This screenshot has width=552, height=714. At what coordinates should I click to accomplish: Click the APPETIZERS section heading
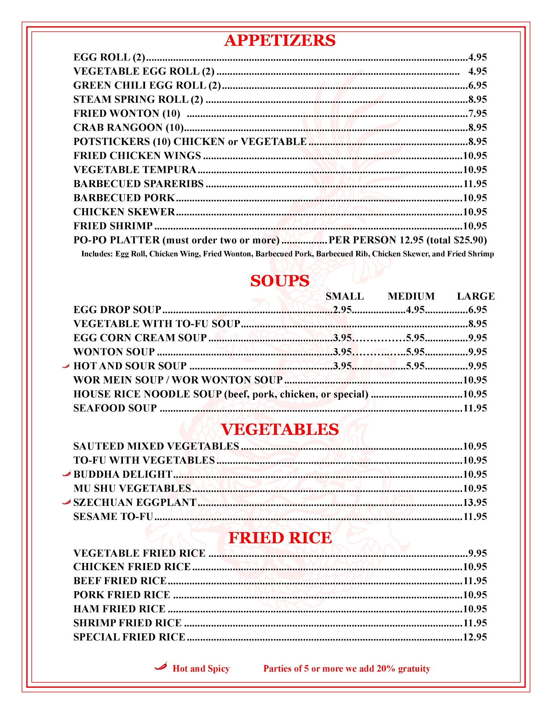[280, 40]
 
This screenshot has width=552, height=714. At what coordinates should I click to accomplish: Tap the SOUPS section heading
[280, 281]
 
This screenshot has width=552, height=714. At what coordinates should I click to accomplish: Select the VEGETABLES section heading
[280, 429]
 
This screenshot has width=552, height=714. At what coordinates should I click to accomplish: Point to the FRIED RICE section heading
[280, 538]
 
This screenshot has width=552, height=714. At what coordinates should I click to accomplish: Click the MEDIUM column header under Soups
[411, 296]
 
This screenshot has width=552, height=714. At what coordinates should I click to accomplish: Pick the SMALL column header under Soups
[344, 296]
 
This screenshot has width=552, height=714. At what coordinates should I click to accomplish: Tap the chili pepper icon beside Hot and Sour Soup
[66, 366]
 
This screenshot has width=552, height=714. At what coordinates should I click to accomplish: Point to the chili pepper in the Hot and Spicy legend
[161, 666]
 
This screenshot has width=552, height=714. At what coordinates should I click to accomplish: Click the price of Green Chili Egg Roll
[478, 85]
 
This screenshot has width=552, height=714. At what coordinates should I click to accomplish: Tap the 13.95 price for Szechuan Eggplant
[475, 502]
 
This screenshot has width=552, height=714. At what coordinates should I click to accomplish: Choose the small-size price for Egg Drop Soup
[343, 310]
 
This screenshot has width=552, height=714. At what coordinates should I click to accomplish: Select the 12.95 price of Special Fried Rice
[475, 637]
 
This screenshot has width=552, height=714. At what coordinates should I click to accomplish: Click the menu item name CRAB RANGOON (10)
[128, 127]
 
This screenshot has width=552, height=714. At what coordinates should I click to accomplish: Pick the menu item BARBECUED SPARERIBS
[138, 183]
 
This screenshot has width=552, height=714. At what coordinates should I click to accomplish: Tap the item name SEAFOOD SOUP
[115, 408]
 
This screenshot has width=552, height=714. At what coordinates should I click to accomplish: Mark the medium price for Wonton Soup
[415, 352]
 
